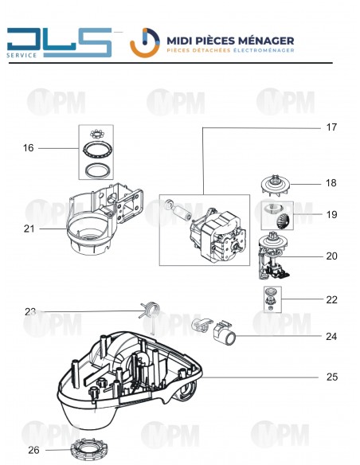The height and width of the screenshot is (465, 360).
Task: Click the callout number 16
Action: click(29, 148)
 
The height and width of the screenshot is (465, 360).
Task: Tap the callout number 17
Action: click(331, 127)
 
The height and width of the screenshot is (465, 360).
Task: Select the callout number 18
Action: click(331, 183)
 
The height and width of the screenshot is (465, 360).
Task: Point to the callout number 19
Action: click(331, 215)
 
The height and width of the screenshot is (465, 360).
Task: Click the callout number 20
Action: click(331, 256)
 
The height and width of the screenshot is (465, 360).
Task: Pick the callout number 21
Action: click(29, 229)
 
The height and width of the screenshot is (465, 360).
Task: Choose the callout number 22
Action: click(331, 300)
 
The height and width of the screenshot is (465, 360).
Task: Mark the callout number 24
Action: click(331, 337)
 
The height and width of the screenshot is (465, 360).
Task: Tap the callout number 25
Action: click(331, 377)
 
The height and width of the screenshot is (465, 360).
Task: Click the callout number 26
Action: click(33, 450)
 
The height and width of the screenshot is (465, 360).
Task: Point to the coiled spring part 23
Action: click(149, 311)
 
